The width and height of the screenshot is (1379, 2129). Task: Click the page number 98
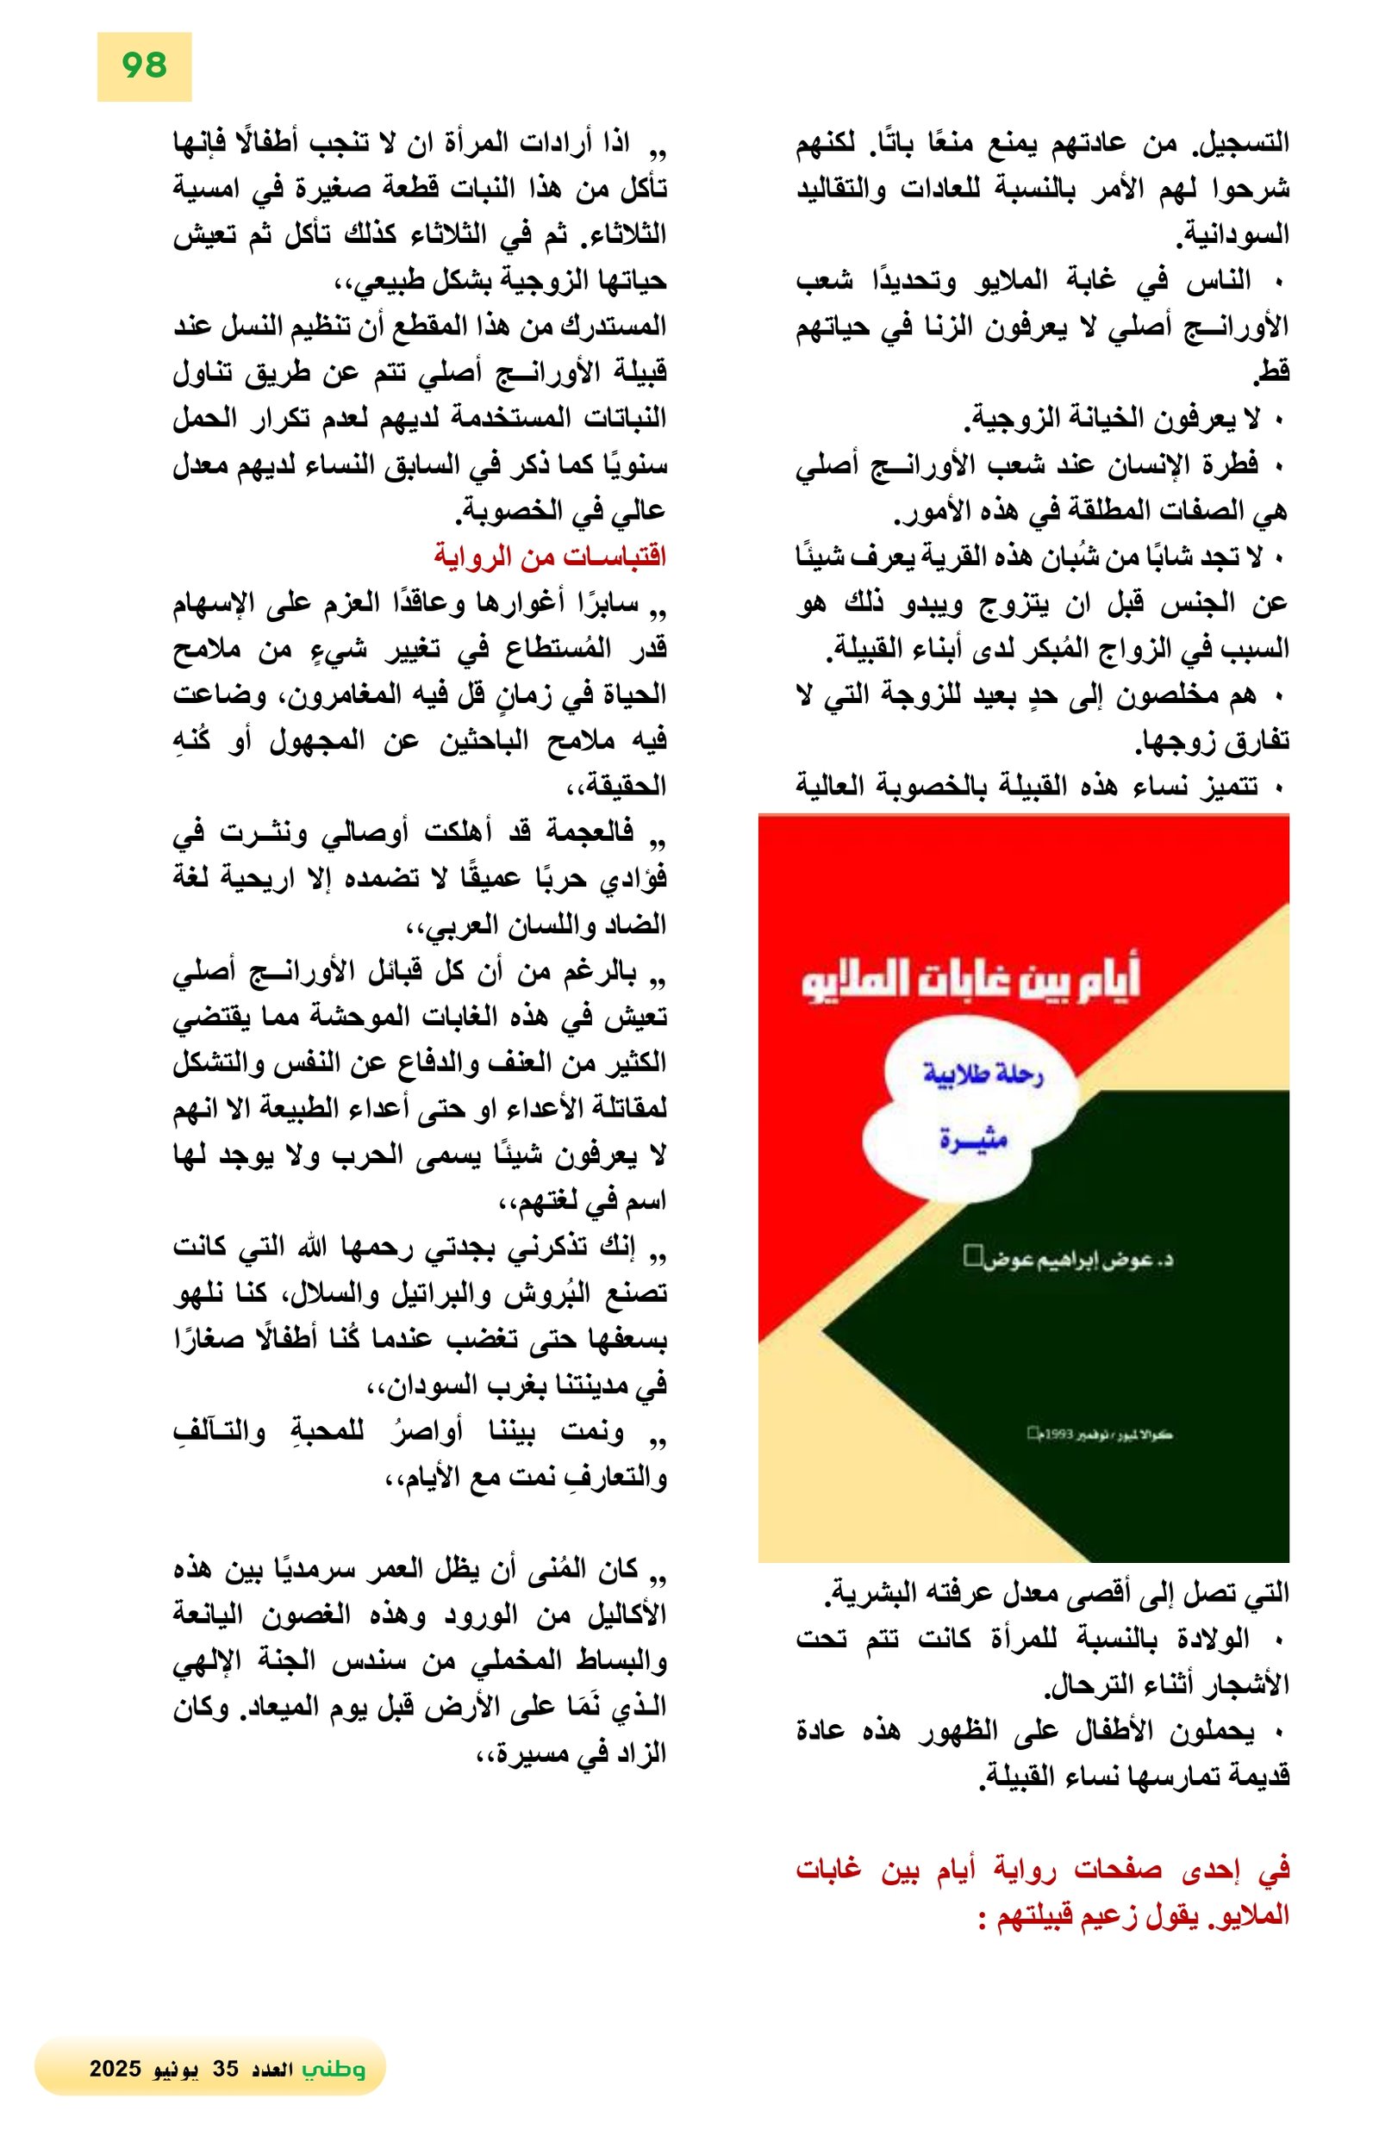pyautogui.click(x=144, y=65)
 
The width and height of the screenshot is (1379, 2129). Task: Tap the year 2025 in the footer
pyautogui.click(x=115, y=2068)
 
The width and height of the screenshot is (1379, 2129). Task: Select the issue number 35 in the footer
pyautogui.click(x=226, y=2068)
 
